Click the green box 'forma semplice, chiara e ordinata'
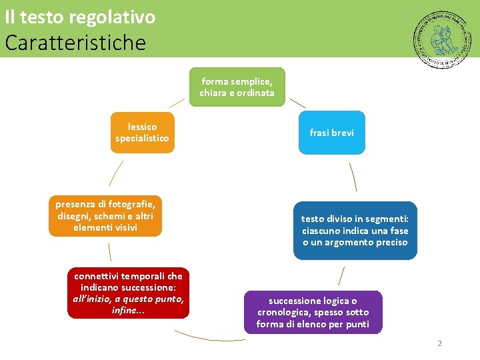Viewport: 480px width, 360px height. pyautogui.click(x=237, y=87)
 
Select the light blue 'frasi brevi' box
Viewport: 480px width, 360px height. pyautogui.click(x=331, y=133)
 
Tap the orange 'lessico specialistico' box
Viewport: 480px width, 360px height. pyautogui.click(x=142, y=133)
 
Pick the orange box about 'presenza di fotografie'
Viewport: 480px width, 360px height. pyautogui.click(x=105, y=216)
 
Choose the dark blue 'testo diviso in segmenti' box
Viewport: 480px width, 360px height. pyautogui.click(x=355, y=231)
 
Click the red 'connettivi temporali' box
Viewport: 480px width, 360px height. pyautogui.click(x=128, y=293)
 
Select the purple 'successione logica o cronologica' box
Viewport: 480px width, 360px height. pyautogui.click(x=313, y=312)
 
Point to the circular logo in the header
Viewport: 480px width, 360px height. pyautogui.click(x=441, y=39)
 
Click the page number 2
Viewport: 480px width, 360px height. pyautogui.click(x=439, y=343)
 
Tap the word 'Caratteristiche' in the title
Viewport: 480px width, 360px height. pyautogui.click(x=75, y=43)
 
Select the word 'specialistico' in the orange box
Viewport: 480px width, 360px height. pyautogui.click(x=142, y=139)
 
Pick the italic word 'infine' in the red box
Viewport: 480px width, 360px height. pyautogui.click(x=125, y=311)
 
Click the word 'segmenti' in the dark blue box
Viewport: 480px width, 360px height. pyautogui.click(x=389, y=219)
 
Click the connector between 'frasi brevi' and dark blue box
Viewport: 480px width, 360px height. pyautogui.click(x=353, y=177)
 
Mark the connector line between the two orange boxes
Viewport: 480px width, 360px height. pyautogui.click(x=116, y=173)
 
